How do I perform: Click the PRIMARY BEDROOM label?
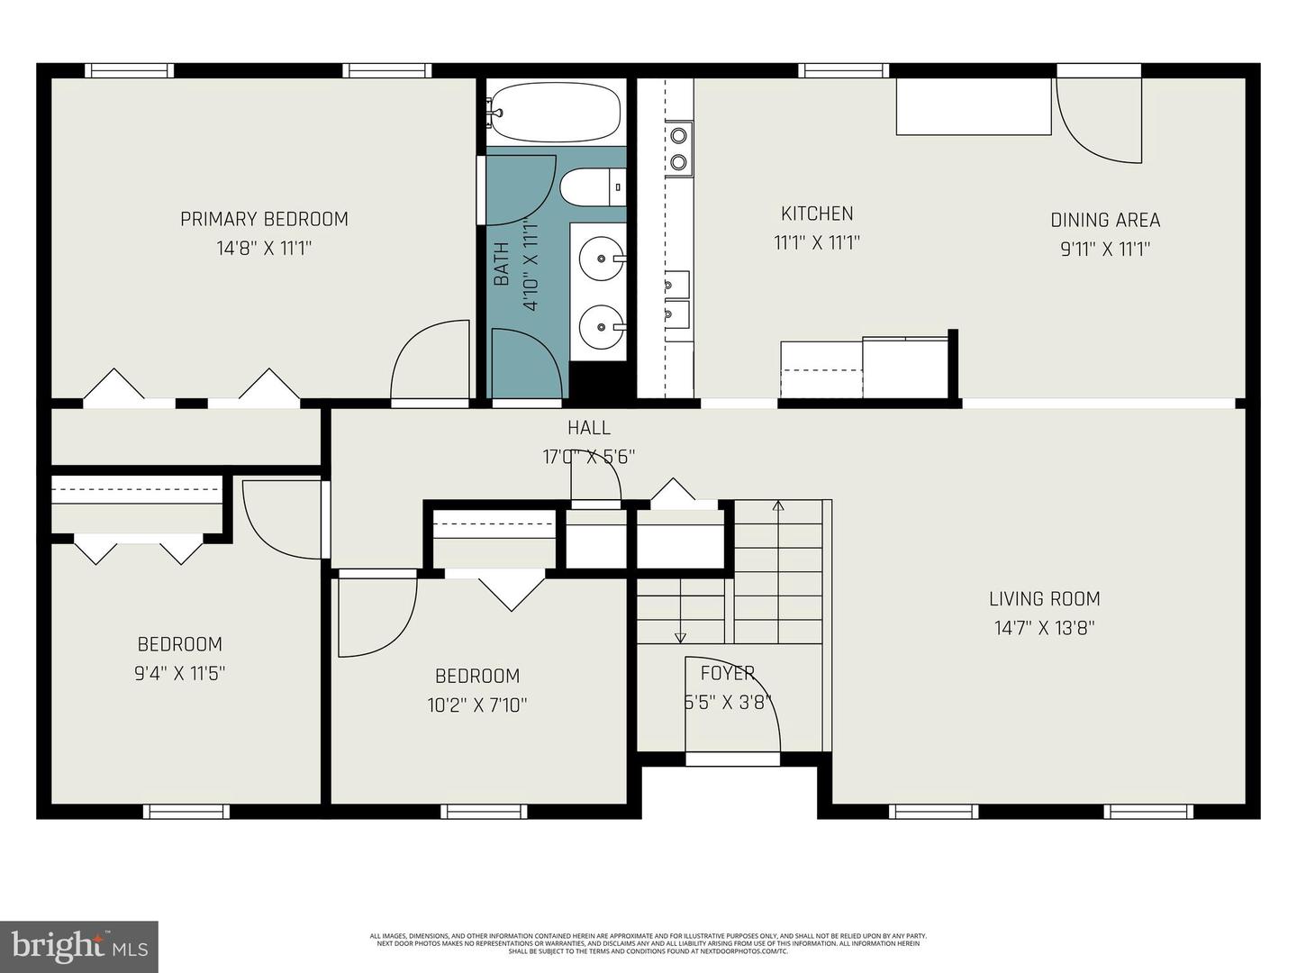(x=264, y=219)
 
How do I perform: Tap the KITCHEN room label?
(x=816, y=214)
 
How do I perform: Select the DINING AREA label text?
(x=1105, y=220)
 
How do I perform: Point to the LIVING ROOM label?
(x=1044, y=598)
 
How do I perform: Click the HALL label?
(x=588, y=428)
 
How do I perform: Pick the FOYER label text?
(x=727, y=672)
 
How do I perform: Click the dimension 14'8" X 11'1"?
(x=264, y=248)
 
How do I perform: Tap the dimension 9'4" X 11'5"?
(x=179, y=673)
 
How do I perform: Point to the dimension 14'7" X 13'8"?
(x=1044, y=628)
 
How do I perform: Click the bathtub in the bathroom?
(x=555, y=113)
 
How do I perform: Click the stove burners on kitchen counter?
(x=678, y=149)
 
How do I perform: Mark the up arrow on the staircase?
(x=778, y=506)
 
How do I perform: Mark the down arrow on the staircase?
(x=680, y=637)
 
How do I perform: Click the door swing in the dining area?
(x=1101, y=121)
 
